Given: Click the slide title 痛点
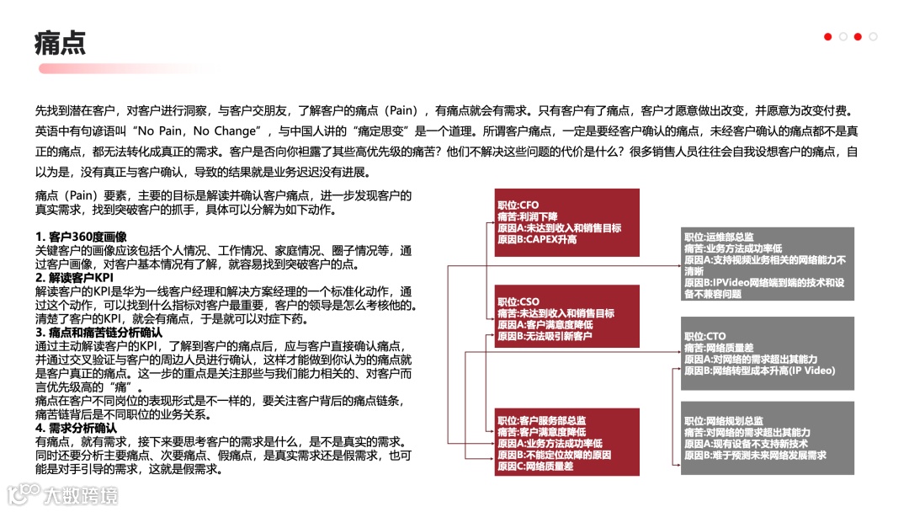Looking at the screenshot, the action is (60, 42).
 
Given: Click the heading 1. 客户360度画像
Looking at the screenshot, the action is (81, 236).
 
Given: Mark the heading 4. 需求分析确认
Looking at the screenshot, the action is (76, 427).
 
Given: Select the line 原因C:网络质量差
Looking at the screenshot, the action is (535, 466).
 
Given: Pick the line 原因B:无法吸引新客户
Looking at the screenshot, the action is (545, 336).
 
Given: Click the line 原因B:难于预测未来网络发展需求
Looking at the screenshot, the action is (755, 455).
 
